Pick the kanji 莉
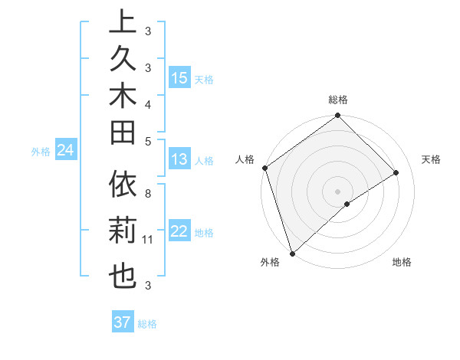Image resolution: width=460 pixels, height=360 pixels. [123, 231]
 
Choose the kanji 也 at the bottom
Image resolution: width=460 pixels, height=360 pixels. [123, 273]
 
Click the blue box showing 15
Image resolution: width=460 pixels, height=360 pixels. [179, 78]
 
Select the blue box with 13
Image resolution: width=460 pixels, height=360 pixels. [179, 160]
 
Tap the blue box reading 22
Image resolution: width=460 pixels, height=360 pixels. [179, 232]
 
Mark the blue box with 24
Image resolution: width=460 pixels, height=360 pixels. [65, 151]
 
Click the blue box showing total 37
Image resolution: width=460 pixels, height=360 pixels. [123, 322]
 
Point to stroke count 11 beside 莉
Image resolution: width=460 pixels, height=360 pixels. [148, 241]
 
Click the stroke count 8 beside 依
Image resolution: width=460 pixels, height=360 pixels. [148, 193]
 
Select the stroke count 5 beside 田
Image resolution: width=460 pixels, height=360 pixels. [148, 141]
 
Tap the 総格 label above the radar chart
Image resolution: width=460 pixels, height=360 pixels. [337, 100]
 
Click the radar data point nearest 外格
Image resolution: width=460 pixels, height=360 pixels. [292, 252]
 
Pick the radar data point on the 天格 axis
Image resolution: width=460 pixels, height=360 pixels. [396, 173]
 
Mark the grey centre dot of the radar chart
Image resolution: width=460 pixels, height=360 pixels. [337, 191]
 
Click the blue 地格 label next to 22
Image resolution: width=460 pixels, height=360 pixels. [204, 233]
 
